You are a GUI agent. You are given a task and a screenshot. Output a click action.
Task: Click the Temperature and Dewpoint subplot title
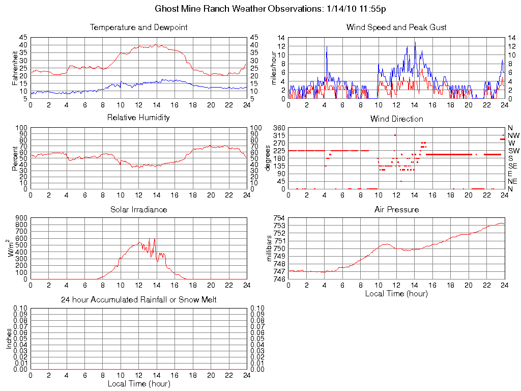(x=138, y=27)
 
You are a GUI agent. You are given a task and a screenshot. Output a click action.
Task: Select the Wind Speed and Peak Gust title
(x=396, y=27)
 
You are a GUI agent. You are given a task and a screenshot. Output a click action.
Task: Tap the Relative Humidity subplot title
(x=138, y=118)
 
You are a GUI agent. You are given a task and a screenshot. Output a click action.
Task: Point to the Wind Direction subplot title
(x=396, y=119)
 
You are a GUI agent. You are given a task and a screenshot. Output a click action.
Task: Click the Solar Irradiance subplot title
(x=138, y=209)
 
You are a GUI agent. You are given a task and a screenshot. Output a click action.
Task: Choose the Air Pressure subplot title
(x=396, y=209)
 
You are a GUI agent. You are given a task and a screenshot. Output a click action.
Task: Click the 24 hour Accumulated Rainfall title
(x=138, y=300)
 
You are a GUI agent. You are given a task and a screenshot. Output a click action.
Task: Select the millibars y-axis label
(x=270, y=248)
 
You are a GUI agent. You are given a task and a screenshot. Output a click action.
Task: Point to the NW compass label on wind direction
(x=513, y=135)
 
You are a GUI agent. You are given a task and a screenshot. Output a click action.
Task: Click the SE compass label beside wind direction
(x=513, y=166)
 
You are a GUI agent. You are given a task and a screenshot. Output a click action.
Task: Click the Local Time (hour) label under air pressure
(x=396, y=293)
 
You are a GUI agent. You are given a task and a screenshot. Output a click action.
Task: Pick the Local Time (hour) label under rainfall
(x=138, y=383)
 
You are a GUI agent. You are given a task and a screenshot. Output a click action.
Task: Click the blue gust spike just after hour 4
(x=327, y=47)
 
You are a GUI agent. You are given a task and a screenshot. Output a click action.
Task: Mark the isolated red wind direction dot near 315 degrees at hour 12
(x=395, y=135)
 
